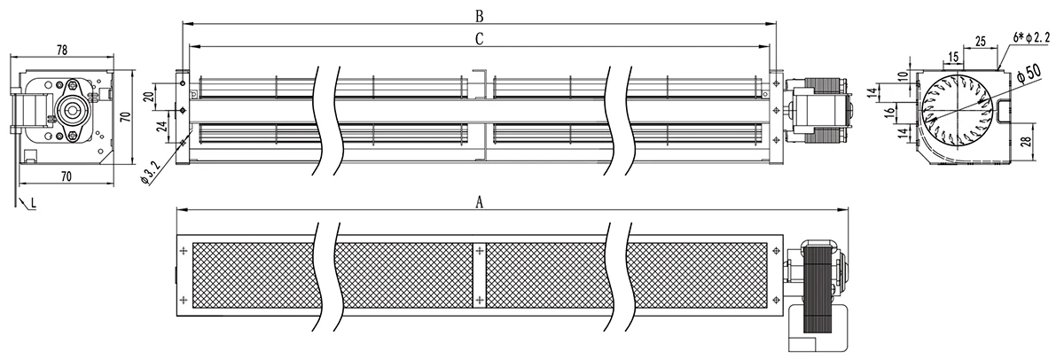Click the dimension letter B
(x=480, y=16)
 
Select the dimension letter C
(x=480, y=39)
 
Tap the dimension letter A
(x=480, y=203)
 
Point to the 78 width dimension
(x=62, y=50)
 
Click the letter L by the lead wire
(x=34, y=203)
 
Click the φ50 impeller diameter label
(x=1028, y=74)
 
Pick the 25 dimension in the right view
(x=981, y=42)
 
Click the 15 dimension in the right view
(x=953, y=57)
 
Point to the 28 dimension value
(x=1041, y=141)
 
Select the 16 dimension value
(x=890, y=112)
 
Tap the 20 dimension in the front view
(x=149, y=97)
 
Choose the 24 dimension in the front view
(x=162, y=126)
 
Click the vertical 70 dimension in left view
(x=125, y=117)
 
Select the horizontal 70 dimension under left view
(x=66, y=176)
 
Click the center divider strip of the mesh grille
(x=480, y=276)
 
